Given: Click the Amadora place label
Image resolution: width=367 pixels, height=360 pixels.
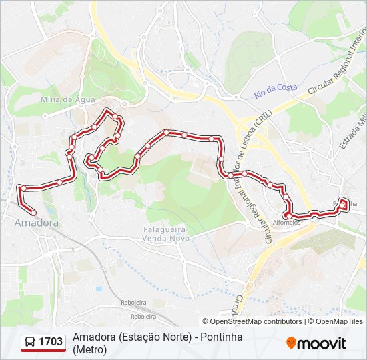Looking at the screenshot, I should click(x=36, y=223).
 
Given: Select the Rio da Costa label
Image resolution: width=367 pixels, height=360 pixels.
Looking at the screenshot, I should click(x=275, y=88).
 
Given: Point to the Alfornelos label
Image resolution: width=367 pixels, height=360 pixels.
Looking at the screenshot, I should click(x=287, y=223).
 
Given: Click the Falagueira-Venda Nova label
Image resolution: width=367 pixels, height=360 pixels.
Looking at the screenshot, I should click(x=167, y=234).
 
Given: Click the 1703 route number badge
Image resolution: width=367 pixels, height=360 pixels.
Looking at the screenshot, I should click(x=51, y=342).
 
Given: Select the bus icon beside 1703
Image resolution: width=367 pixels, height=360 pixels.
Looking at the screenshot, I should click(x=31, y=342).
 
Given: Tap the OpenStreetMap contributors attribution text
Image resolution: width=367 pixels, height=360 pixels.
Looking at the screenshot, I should click(x=252, y=321).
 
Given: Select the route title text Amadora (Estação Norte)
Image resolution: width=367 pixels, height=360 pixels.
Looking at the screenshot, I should click(x=130, y=337).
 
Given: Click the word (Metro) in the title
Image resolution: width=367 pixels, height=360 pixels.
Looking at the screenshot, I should click(x=90, y=349).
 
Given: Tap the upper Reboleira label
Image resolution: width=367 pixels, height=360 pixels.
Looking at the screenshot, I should click(x=133, y=302).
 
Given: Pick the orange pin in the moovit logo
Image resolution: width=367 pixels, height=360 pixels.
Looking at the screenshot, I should click(x=291, y=343).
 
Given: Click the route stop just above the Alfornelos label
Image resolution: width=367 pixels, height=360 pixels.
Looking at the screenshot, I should click(x=288, y=215).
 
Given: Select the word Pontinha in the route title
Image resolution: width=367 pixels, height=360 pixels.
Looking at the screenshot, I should click(x=220, y=337).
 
